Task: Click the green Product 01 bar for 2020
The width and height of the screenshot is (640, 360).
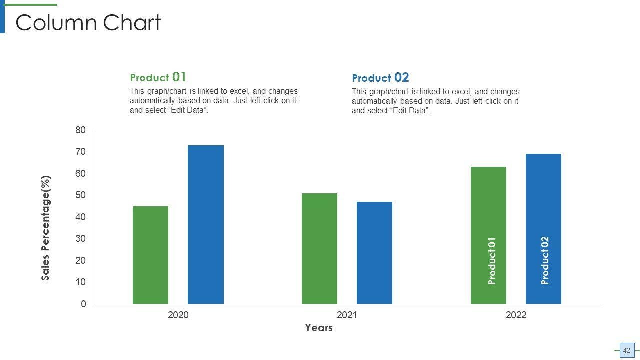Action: click(x=150, y=255)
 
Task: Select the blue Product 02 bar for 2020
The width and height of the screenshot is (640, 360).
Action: click(x=205, y=224)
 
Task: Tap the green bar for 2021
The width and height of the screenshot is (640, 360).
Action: click(x=319, y=248)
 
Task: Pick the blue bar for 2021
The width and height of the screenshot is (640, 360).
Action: click(x=374, y=252)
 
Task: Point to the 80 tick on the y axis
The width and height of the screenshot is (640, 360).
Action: click(x=81, y=130)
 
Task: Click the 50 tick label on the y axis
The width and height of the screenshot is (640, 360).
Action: click(x=81, y=195)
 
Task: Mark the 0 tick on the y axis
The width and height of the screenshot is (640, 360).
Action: click(x=83, y=304)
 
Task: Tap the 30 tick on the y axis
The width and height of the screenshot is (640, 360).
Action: click(x=81, y=239)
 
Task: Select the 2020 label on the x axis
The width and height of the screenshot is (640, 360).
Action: click(x=178, y=315)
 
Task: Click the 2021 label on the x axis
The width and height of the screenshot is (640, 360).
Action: click(x=347, y=315)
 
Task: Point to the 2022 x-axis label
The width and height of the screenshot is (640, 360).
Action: click(x=516, y=315)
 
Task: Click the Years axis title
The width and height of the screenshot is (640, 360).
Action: click(x=319, y=328)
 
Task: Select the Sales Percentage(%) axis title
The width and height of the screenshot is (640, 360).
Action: click(x=46, y=228)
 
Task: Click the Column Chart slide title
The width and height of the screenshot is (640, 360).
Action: click(x=88, y=23)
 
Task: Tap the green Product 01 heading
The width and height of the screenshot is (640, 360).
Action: click(x=158, y=77)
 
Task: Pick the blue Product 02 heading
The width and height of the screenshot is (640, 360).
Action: click(x=380, y=78)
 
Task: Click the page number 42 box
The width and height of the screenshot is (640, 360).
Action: click(x=627, y=350)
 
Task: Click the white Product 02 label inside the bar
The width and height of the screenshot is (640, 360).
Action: click(x=545, y=260)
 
